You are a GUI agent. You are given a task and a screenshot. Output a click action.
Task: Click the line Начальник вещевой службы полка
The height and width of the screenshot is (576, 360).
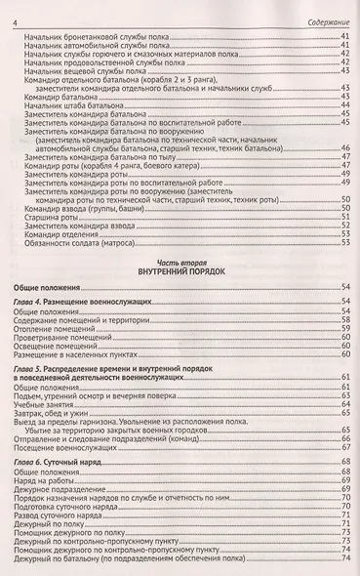coord(82,71)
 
